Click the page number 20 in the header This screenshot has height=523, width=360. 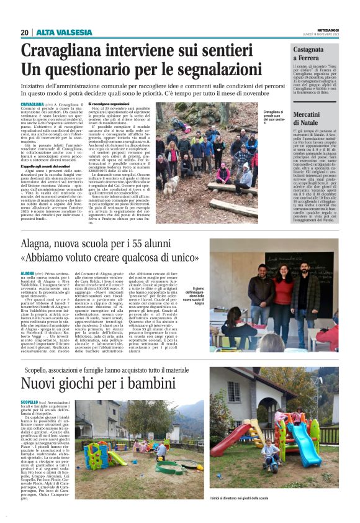(25, 32)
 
